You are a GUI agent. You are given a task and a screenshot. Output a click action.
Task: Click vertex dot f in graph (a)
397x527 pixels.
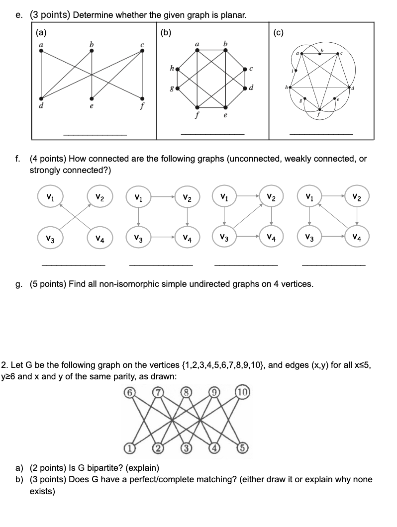coord(143,97)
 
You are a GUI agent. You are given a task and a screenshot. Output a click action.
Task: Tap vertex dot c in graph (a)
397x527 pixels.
coord(142,54)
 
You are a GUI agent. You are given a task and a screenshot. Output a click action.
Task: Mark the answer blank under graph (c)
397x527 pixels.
coord(321,134)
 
